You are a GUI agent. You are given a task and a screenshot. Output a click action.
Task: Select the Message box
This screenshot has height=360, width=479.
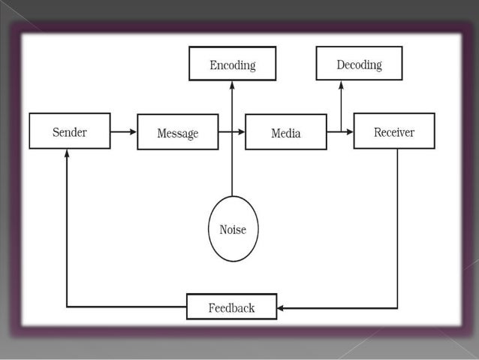coord(177,132)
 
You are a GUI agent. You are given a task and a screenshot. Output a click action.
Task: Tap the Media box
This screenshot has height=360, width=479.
coord(285,132)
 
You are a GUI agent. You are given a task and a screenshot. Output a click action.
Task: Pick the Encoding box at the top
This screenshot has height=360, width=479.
coord(232,64)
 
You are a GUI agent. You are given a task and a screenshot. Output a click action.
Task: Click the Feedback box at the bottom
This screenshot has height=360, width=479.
coord(231,307)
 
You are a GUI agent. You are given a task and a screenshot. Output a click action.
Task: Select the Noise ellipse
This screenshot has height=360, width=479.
coord(233,228)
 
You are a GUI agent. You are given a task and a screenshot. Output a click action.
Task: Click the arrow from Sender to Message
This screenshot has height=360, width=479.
coord(123,132)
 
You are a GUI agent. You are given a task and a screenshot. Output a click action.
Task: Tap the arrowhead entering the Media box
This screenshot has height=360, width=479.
coord(241,132)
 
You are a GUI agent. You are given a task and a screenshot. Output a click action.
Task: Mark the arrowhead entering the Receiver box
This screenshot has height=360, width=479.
coord(349,132)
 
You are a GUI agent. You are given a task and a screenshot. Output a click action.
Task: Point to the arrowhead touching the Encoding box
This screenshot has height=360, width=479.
coord(232,85)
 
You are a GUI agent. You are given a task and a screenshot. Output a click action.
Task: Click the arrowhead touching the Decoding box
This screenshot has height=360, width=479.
coord(341,84)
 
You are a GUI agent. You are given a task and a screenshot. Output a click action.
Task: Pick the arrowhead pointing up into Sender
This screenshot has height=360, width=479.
coord(67,153)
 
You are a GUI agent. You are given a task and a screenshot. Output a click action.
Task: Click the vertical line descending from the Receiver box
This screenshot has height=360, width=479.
coord(397,225)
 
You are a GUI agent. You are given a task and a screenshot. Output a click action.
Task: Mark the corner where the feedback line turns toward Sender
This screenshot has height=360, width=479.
coord(67,307)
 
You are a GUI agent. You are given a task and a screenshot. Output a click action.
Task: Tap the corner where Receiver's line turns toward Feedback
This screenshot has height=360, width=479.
coord(397,307)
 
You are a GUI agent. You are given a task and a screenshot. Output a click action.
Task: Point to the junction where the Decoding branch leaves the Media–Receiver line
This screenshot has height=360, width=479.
coord(341,132)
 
